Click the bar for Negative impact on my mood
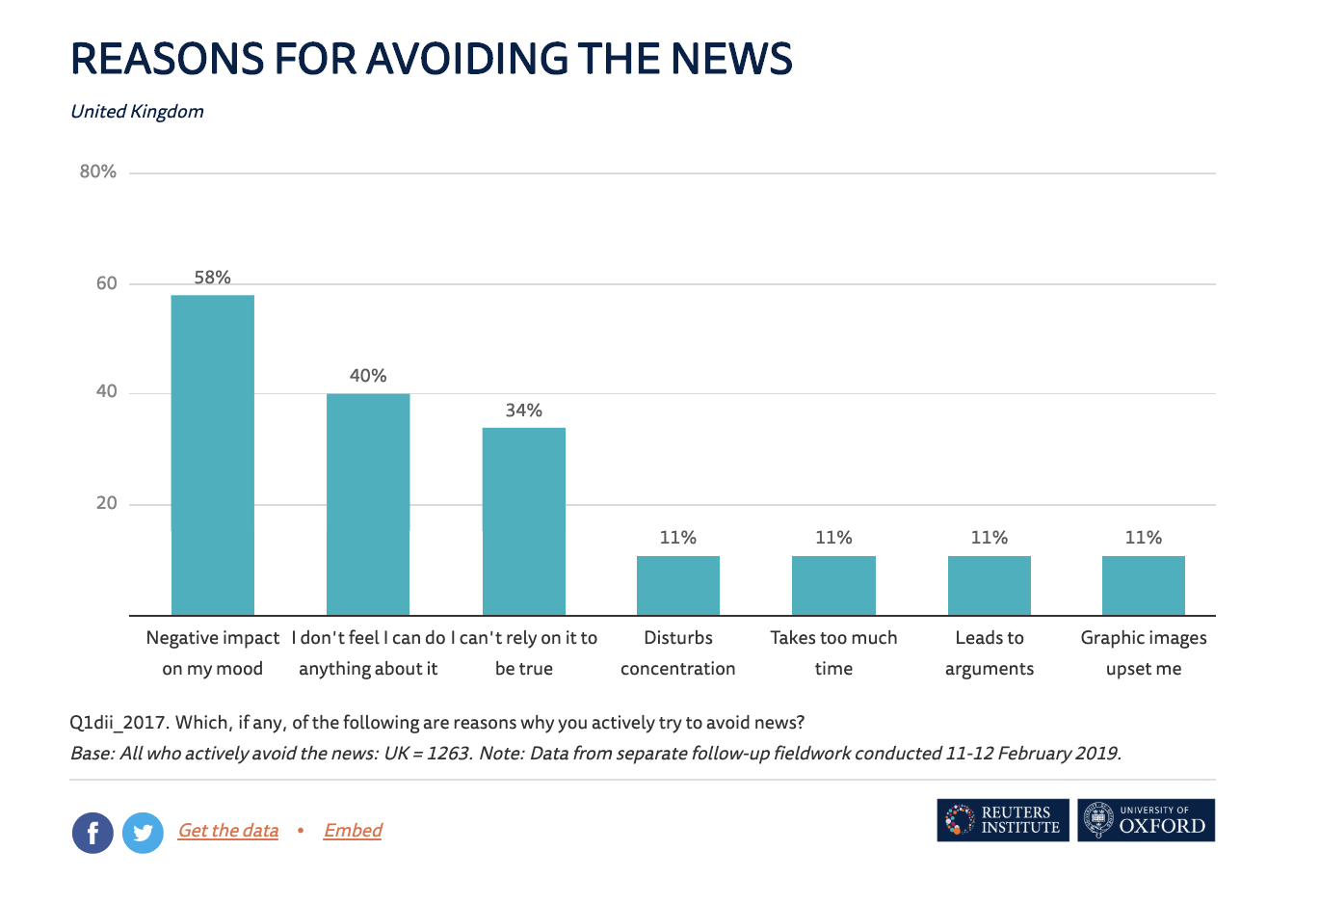[213, 455]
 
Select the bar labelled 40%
[368, 504]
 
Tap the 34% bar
[524, 521]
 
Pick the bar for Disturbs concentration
[678, 585]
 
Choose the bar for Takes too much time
[833, 585]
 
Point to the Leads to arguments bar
[990, 585]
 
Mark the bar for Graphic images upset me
[1144, 585]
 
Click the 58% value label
[213, 278]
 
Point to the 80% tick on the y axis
[98, 172]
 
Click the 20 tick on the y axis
[106, 503]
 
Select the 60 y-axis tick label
[106, 283]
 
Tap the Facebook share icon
[92, 833]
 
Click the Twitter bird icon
[143, 833]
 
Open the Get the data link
[228, 831]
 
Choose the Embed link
[353, 831]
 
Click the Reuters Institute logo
[1003, 820]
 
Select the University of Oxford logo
[1147, 820]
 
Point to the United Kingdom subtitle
[137, 112]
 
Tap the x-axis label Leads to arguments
[990, 652]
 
